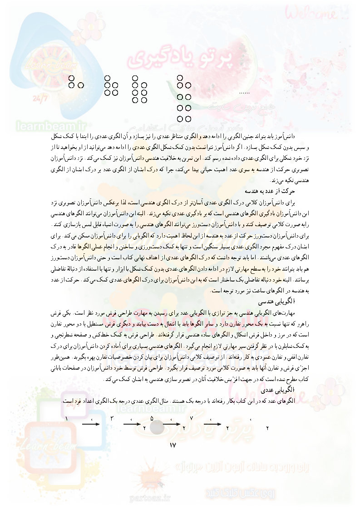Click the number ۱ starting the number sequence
pyautogui.click(x=67, y=418)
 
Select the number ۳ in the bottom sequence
pyautogui.click(x=111, y=418)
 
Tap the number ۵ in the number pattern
pyautogui.click(x=152, y=418)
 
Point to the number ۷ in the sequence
pyautogui.click(x=192, y=418)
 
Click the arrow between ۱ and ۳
pyautogui.click(x=91, y=425)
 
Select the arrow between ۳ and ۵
pyautogui.click(x=132, y=425)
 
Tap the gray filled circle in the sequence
pyautogui.click(x=157, y=427)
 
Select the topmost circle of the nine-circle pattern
pyautogui.click(x=180, y=78)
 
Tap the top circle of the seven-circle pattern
pyautogui.click(x=135, y=78)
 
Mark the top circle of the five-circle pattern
pyautogui.click(x=108, y=78)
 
